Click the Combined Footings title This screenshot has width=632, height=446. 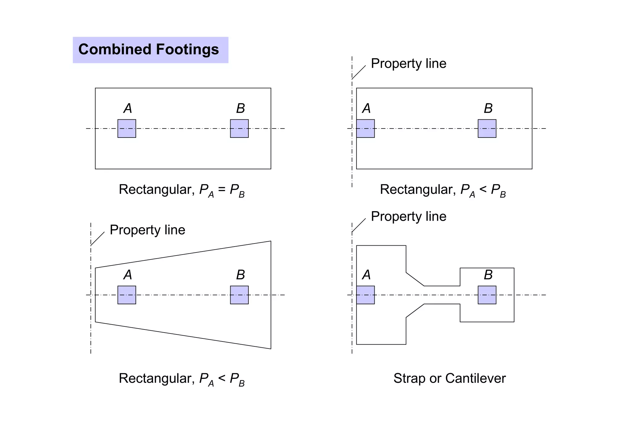pyautogui.click(x=148, y=50)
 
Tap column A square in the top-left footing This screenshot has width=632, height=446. pyautogui.click(x=127, y=129)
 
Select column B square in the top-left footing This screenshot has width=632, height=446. pyautogui.click(x=239, y=129)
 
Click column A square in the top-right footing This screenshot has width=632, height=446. pyautogui.click(x=365, y=129)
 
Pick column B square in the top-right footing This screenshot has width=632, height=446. pyautogui.click(x=487, y=129)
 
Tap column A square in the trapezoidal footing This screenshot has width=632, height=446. pyautogui.click(x=127, y=295)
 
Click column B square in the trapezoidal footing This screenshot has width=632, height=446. pyautogui.click(x=239, y=295)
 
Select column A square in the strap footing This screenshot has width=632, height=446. pyautogui.click(x=365, y=295)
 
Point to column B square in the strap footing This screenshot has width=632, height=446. pyautogui.click(x=487, y=295)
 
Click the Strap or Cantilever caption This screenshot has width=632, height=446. pyautogui.click(x=449, y=378)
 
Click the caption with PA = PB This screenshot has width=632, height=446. pyautogui.click(x=181, y=190)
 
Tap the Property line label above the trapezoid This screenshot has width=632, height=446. pyautogui.click(x=147, y=230)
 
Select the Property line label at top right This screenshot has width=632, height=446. pyautogui.click(x=408, y=63)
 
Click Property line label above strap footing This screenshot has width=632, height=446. pyautogui.click(x=408, y=216)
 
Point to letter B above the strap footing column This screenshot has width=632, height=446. pyautogui.click(x=488, y=275)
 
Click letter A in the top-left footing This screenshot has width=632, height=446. pyautogui.click(x=127, y=108)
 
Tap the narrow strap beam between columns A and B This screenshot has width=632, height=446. pyautogui.click(x=442, y=295)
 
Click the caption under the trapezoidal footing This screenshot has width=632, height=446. pyautogui.click(x=181, y=379)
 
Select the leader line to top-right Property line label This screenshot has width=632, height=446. pyautogui.click(x=359, y=72)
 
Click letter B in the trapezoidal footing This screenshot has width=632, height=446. pyautogui.click(x=240, y=275)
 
